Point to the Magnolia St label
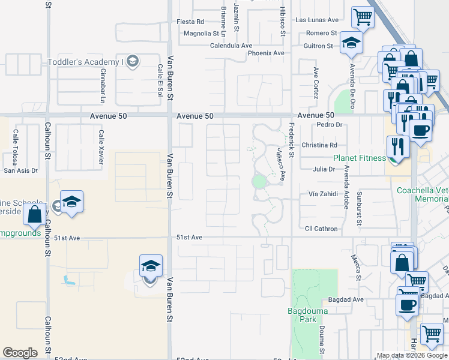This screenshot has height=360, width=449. point(202,34)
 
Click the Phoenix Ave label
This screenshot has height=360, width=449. point(266,53)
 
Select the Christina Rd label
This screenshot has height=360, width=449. point(320,145)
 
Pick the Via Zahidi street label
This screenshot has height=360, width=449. point(323,194)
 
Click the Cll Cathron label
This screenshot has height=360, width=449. point(321,229)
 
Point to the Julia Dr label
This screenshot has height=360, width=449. point(324,169)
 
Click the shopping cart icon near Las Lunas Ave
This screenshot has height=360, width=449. point(363,18)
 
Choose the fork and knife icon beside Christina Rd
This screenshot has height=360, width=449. point(398,146)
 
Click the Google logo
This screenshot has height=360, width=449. point(20,353)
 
